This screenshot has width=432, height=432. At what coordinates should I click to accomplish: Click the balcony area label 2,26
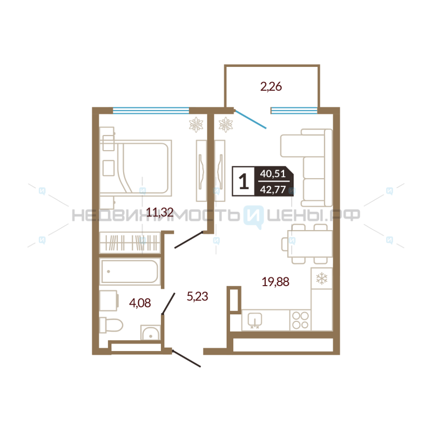click(271, 87)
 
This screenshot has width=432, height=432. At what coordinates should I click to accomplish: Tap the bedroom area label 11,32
click(160, 212)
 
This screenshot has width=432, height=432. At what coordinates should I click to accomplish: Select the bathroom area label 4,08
click(140, 303)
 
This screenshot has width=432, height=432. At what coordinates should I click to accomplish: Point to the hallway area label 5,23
click(197, 296)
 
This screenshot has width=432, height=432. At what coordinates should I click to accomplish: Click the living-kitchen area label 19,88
click(275, 282)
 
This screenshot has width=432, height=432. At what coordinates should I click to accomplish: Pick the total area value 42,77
click(273, 190)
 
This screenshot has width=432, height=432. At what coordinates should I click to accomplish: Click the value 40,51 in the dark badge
click(273, 173)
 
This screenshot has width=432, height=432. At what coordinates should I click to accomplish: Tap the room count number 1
click(244, 181)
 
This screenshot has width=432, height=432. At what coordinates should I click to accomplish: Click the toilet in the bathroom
click(111, 325)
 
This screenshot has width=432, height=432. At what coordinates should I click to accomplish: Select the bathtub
click(130, 272)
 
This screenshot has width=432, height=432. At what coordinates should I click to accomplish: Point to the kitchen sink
click(255, 320)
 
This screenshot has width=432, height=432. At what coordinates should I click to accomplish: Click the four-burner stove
click(300, 320)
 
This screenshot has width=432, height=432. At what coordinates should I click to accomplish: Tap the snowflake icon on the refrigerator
click(321, 278)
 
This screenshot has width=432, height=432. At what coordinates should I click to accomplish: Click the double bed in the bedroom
click(143, 168)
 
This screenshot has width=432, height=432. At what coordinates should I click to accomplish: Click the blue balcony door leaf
click(250, 119)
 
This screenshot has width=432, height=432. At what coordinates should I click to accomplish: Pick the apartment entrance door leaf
click(186, 358)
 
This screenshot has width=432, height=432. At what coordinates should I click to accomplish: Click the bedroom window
click(151, 111)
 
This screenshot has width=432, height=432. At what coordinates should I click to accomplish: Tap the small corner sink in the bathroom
click(150, 333)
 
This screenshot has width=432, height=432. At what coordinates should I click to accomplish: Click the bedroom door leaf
click(188, 240)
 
